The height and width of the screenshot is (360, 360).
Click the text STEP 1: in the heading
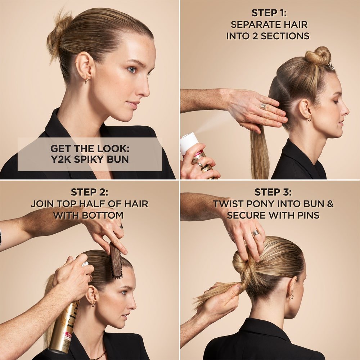[x=269, y=13]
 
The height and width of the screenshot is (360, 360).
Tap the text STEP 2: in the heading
[x=89, y=192]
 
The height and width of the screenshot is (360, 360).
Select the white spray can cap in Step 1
[x=189, y=141]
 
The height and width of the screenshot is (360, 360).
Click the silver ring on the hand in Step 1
[x=264, y=107]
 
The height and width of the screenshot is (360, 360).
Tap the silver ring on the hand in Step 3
[x=256, y=233]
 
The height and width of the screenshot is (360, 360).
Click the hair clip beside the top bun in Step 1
[x=331, y=66]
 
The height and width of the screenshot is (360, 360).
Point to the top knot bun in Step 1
[x=318, y=56]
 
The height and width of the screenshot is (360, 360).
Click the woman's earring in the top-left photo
[x=86, y=80]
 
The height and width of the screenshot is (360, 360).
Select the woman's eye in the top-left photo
[x=132, y=70]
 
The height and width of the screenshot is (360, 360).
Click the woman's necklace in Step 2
[x=97, y=356]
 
